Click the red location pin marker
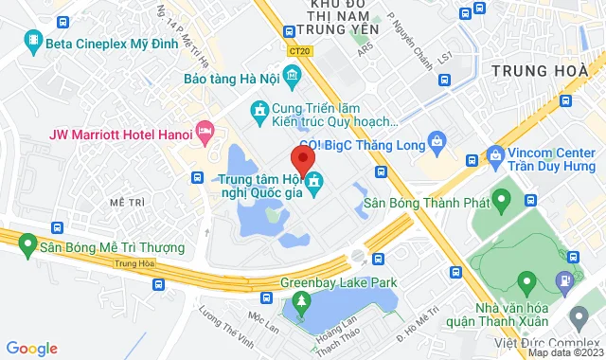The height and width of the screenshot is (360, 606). click(302, 157)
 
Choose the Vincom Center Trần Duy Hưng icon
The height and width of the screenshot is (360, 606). click(494, 153)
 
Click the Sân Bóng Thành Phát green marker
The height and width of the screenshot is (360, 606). click(503, 201)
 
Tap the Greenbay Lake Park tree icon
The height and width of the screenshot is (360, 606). click(302, 302)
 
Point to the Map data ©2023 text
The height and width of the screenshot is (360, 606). click(565, 352)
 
